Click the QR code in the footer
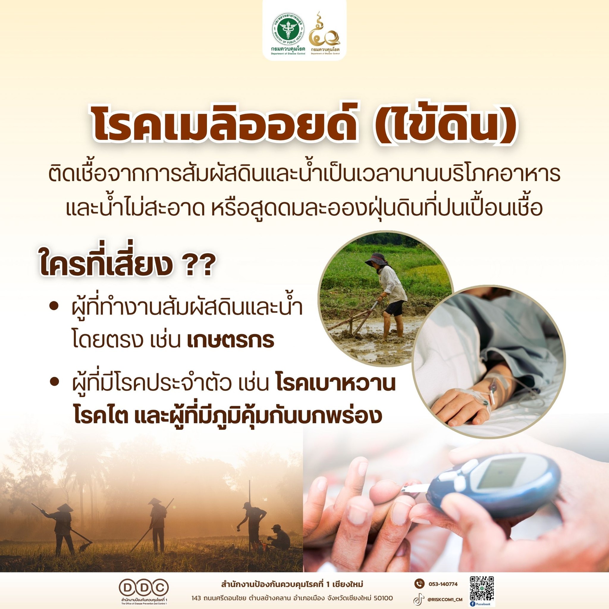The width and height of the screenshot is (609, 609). point(481,584)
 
